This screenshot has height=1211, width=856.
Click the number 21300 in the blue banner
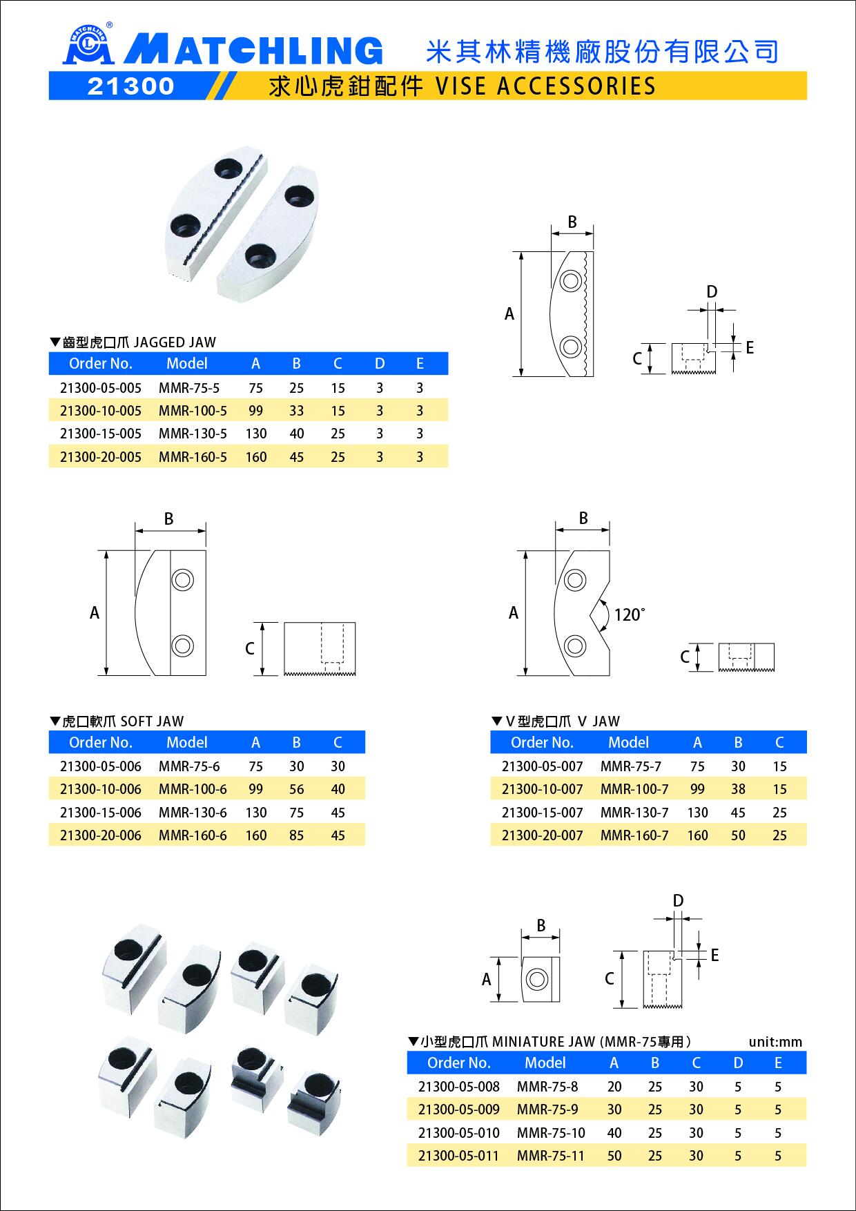click(131, 86)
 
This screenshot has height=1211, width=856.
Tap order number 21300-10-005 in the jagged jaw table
click(101, 411)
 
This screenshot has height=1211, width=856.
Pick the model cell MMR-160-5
click(193, 457)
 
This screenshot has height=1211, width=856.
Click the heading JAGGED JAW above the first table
click(174, 342)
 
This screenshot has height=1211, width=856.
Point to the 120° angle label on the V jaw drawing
click(629, 614)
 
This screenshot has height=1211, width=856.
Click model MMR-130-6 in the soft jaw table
click(193, 813)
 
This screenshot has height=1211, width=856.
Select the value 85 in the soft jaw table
click(297, 835)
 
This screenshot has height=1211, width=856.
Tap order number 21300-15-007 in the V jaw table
click(543, 813)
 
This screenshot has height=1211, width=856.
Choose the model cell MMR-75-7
click(631, 766)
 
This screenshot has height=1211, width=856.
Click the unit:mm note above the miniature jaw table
click(775, 1042)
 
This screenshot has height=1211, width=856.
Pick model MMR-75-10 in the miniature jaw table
click(551, 1133)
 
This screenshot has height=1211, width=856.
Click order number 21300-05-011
click(458, 1156)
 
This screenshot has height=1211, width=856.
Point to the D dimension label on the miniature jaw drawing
click(678, 901)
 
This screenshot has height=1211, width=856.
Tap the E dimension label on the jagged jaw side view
click(750, 348)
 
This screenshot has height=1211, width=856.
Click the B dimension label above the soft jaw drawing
click(168, 519)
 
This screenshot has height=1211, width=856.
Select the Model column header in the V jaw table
click(628, 742)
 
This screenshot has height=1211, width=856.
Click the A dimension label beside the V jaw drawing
click(514, 613)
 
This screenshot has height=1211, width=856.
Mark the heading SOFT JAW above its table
click(152, 721)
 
